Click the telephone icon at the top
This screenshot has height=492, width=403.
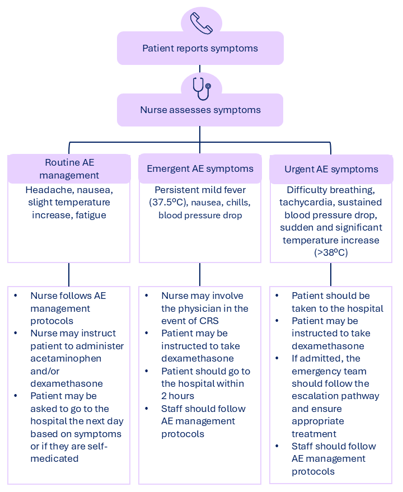coord(201,23)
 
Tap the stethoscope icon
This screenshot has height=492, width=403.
coord(201,88)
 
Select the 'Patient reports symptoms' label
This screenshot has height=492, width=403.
coord(200,48)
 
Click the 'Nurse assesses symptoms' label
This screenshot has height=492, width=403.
coord(200,110)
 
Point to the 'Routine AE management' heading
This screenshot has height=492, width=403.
coord(69,169)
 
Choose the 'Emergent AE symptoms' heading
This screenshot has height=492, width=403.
coord(200,169)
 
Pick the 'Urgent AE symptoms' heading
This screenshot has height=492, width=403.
coord(331,170)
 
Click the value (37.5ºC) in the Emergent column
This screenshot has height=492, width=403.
coord(168,203)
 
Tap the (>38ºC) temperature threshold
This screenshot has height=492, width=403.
coord(331,252)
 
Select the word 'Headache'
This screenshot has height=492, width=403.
coord(50,190)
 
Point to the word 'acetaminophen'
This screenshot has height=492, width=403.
coord(66,359)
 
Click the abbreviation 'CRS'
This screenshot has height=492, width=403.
coord(210,321)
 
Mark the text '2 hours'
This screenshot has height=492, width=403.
coord(177,396)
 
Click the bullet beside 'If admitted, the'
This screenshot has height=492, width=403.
coord(277,358)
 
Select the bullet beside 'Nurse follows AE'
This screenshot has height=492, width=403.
coord(15,296)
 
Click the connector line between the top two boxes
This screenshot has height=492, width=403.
coord(200,69)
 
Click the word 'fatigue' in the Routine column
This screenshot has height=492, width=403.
coord(90,215)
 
